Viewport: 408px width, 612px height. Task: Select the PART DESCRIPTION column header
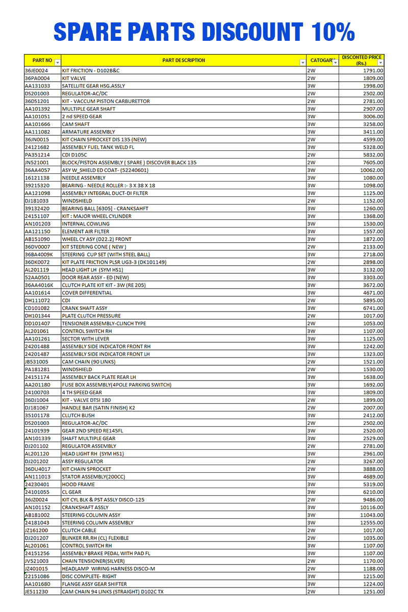(184, 60)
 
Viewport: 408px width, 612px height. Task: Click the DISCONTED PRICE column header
(362, 60)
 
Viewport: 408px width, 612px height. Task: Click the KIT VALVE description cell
(74, 79)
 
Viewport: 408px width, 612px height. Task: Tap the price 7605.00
(373, 163)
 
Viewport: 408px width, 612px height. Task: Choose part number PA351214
(37, 155)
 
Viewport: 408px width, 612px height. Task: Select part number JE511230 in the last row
(37, 592)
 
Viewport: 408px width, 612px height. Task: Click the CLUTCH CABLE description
(79, 530)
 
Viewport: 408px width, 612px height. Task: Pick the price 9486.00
(373, 500)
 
